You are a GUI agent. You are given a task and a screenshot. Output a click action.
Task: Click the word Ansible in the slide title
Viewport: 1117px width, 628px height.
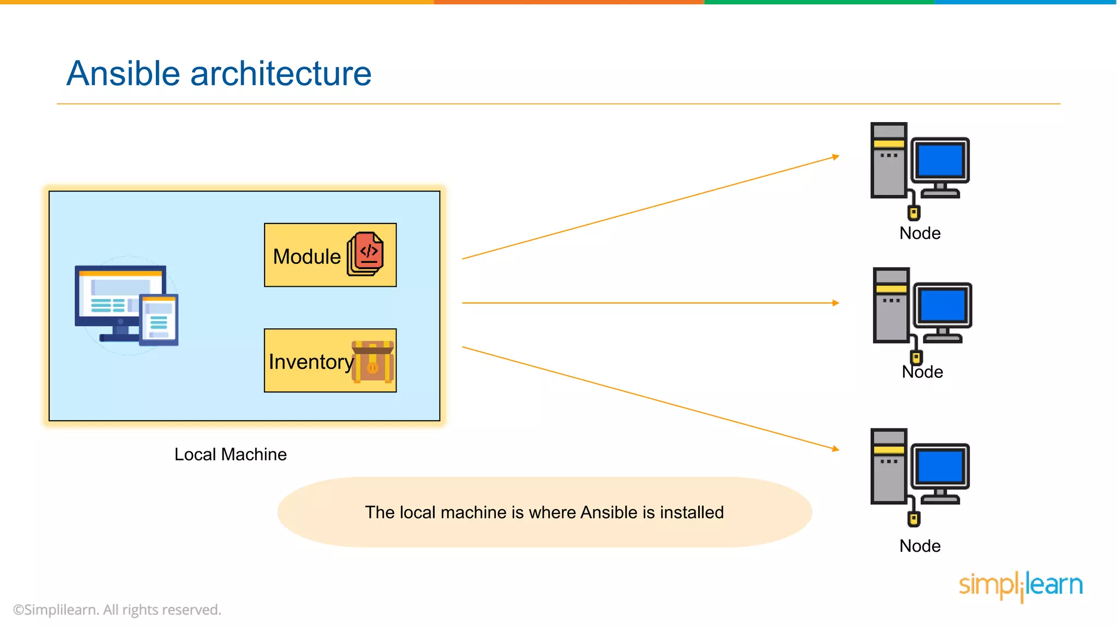[123, 74]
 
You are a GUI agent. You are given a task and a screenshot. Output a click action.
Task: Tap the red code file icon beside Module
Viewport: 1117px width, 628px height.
[366, 253]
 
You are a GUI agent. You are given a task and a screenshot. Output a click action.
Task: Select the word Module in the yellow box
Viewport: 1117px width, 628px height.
[307, 256]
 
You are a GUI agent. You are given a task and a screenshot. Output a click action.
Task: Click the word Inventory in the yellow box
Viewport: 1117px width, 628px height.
[311, 362]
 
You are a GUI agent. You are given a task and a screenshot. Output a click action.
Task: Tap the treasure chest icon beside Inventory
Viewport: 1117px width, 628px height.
[373, 362]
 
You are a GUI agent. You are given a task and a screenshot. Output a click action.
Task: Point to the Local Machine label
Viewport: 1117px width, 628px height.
[230, 454]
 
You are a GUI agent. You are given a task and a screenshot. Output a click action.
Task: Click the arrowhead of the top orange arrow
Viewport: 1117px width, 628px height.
[836, 157]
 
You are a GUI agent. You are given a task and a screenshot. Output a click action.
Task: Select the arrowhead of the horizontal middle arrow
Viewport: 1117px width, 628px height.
[836, 303]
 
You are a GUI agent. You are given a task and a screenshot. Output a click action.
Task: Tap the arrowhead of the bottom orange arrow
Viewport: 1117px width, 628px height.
[836, 449]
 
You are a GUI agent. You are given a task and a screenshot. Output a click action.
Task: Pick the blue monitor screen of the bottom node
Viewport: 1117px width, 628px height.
[940, 466]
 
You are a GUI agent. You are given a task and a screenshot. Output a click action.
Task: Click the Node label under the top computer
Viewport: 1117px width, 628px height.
[920, 233]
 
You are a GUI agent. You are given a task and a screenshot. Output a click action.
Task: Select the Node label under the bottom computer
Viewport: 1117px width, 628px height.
[920, 546]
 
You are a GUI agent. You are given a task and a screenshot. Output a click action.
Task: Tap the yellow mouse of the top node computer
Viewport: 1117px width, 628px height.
[914, 212]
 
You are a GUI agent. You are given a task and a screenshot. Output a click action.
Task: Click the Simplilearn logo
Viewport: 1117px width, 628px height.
[1020, 585]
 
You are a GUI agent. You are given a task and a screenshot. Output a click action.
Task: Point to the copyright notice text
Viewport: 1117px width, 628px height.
[117, 609]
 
